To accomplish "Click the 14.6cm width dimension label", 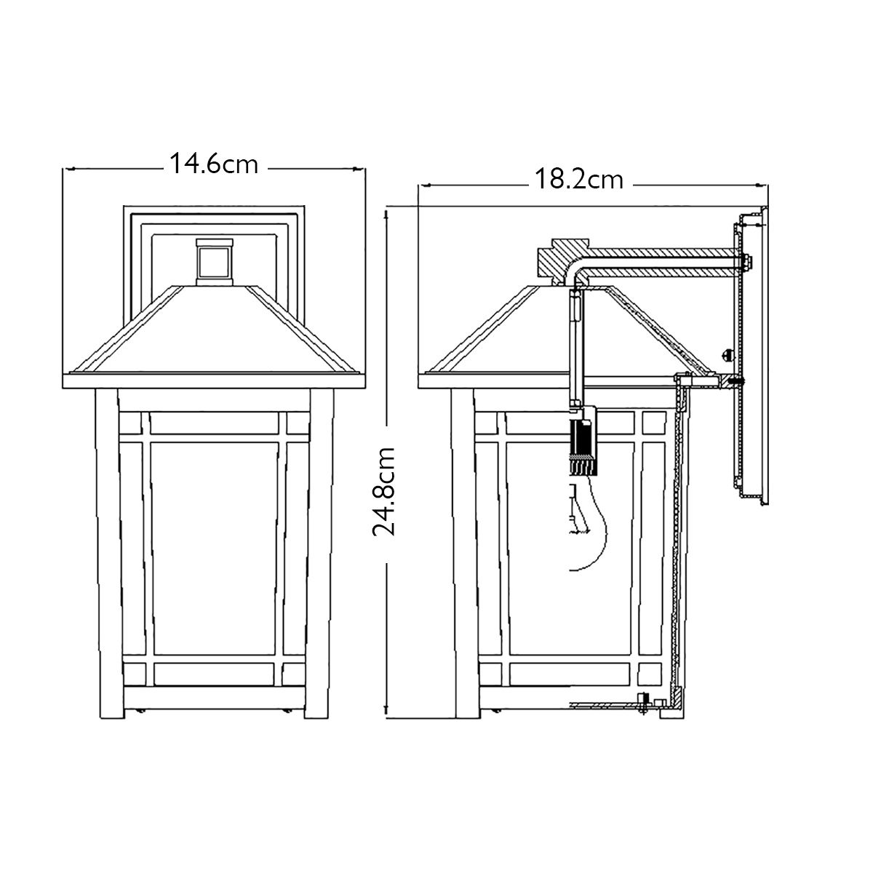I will coord(214,164).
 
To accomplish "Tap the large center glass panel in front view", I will coord(214,538).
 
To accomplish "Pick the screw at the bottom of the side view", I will coord(642,705).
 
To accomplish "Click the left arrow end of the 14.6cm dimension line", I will coord(67,169).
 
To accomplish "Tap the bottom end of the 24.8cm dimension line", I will coord(388,719).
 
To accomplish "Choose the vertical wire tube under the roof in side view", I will coord(573,349).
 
